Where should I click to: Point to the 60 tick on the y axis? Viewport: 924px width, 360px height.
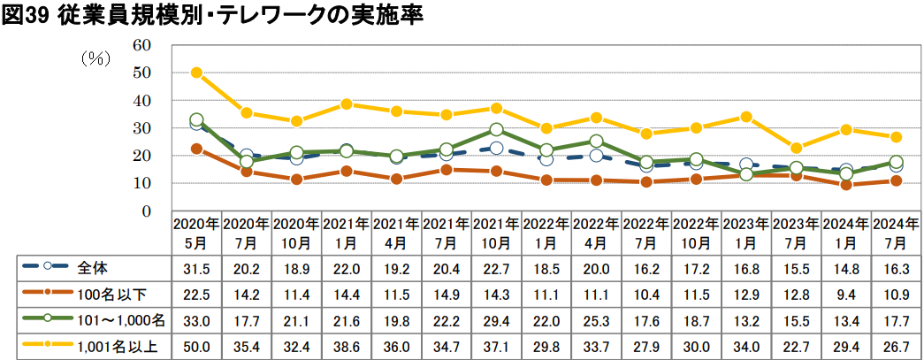click(x=142, y=45)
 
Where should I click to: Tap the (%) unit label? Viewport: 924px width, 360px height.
click(x=94, y=59)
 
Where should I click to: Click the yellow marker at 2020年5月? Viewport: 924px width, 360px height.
click(x=197, y=73)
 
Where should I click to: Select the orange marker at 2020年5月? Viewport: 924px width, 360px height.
click(x=197, y=149)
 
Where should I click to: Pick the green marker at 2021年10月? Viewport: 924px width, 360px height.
click(x=497, y=130)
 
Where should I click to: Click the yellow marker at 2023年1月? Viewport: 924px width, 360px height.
click(x=746, y=117)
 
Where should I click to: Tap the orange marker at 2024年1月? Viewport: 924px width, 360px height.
click(x=846, y=185)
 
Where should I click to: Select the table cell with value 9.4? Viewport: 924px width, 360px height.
click(x=846, y=291)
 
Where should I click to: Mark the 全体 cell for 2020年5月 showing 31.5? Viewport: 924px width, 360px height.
click(x=197, y=267)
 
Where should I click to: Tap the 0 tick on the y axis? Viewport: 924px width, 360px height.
click(x=147, y=211)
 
